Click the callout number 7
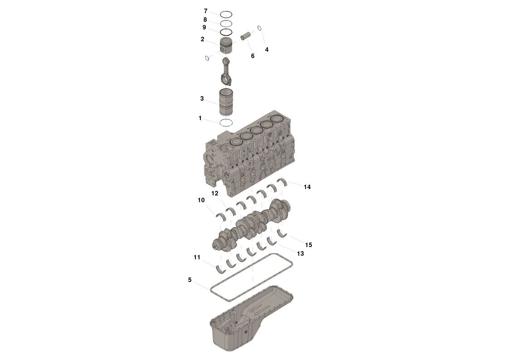pos(205,11)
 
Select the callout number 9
pos(204,28)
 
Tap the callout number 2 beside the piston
pos(202,39)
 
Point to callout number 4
pos(267,50)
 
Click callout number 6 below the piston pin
pos(252,56)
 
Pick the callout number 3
pos(202,98)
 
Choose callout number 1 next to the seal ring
pos(200,118)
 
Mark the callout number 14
pos(307,187)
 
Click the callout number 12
pos(214,194)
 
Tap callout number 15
pos(308,245)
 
